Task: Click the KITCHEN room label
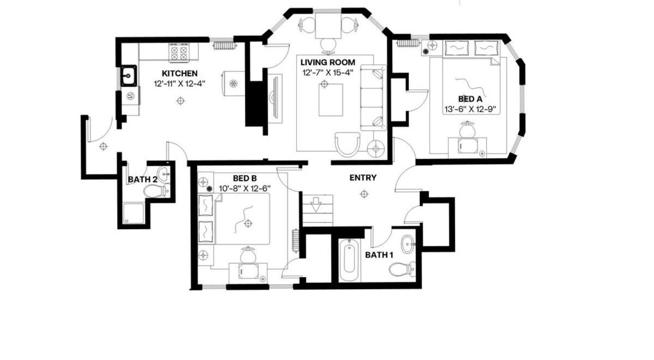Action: coord(179,73)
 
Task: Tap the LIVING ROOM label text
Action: coord(328,62)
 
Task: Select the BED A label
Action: coord(470,99)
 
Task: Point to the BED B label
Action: coord(245,178)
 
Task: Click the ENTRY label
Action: coord(363,178)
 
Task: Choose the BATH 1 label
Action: coord(379,255)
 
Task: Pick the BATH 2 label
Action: coord(142,179)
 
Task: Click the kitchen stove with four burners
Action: coord(179,52)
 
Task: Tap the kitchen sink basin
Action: coord(129,76)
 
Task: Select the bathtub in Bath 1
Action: coord(349,260)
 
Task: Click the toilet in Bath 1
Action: coord(402,269)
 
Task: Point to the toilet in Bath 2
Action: coord(156,191)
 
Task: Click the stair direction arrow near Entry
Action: coord(316,204)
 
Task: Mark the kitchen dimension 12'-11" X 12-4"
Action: coord(179,84)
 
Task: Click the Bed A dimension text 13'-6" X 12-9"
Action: coord(470,109)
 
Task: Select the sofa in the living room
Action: coord(373,97)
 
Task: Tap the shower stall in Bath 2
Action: coord(134,213)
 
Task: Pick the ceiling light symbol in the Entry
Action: coord(364,194)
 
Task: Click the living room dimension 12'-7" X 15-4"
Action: coord(328,72)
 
